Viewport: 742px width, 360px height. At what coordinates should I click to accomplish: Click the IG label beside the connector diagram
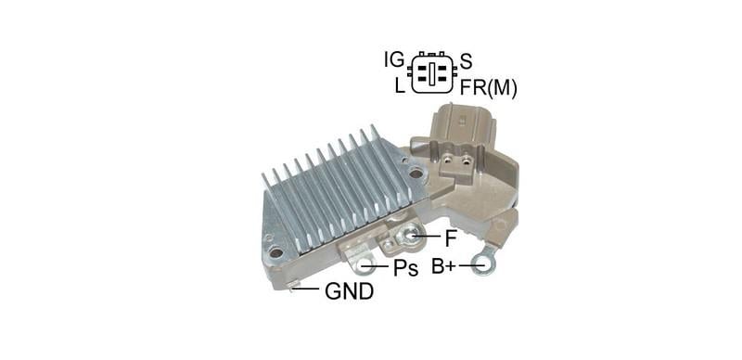pos(393,61)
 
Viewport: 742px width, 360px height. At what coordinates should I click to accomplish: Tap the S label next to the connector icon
pos(467,62)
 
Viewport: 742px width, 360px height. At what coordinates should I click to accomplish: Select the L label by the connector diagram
pos(399,85)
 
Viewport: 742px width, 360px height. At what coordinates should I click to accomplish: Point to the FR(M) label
pos(488,88)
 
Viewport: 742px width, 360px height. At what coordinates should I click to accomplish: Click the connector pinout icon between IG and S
pos(431,73)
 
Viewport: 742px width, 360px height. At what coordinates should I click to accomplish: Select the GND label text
pos(349,292)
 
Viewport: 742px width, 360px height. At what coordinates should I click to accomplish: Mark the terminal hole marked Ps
pos(368,267)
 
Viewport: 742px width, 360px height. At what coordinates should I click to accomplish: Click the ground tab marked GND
pos(295,287)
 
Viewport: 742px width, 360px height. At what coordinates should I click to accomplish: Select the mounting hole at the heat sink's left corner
pos(275,251)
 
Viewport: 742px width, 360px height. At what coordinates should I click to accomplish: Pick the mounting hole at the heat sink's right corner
pos(416,173)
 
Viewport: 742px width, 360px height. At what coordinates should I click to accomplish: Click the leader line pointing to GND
pos(309,290)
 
